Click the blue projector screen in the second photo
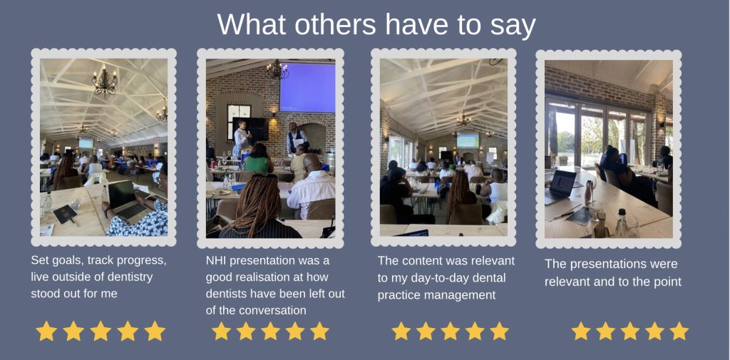point(307,88)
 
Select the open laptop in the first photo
point(125,200)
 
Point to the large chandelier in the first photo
point(104,81)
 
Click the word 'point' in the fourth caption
point(667,282)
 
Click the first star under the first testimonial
point(46,331)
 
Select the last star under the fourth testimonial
point(679,331)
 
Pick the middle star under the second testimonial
point(270,331)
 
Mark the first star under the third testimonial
point(401,331)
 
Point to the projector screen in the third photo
point(468,140)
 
